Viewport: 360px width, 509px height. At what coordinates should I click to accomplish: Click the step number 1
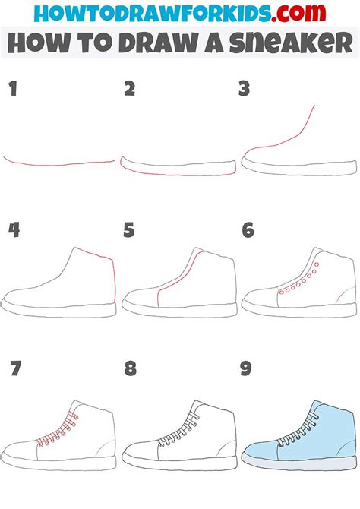tap(13, 90)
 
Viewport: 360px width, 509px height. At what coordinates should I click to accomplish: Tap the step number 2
tap(130, 90)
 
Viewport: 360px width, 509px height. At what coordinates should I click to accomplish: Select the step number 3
tap(244, 90)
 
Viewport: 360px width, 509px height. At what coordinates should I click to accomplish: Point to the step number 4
tap(13, 229)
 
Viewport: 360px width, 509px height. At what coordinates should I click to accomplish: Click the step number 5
tap(130, 229)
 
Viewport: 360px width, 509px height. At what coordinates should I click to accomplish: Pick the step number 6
tap(248, 229)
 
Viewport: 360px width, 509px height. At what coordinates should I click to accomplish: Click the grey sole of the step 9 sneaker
tap(300, 461)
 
